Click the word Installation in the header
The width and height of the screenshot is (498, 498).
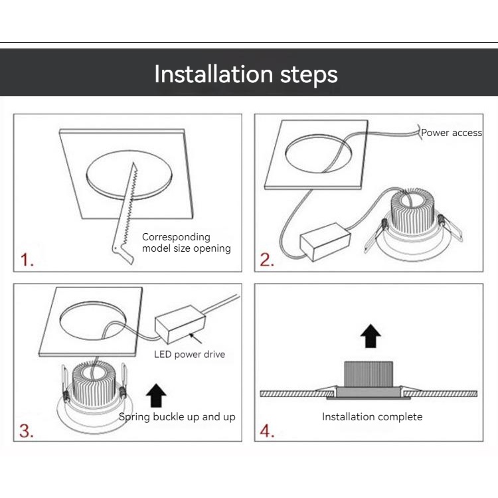click(x=214, y=74)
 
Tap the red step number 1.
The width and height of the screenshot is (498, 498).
click(x=27, y=260)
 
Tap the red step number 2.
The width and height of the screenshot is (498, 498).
click(x=267, y=260)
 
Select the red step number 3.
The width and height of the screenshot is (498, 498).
click(x=26, y=431)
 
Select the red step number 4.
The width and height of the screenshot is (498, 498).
click(x=267, y=431)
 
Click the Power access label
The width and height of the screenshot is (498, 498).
click(x=452, y=132)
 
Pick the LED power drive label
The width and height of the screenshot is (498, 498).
click(x=190, y=355)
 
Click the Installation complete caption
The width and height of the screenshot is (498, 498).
click(x=373, y=417)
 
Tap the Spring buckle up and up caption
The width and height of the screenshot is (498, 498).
click(x=177, y=417)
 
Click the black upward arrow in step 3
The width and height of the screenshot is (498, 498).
click(x=156, y=395)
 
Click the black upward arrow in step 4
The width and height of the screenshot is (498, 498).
click(x=371, y=336)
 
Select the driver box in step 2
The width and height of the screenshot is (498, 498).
click(x=325, y=242)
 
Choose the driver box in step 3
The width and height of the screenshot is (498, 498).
click(x=180, y=324)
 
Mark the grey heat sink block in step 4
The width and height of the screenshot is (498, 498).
click(x=369, y=374)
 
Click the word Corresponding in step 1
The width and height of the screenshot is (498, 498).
click(x=176, y=237)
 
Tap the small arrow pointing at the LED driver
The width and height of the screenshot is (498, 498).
click(x=196, y=338)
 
